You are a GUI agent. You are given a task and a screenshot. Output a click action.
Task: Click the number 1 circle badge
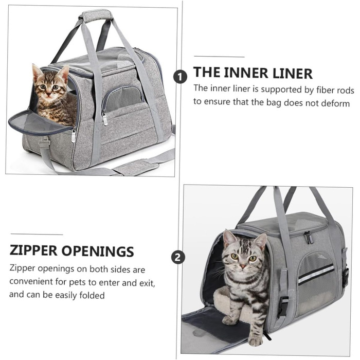[180, 77]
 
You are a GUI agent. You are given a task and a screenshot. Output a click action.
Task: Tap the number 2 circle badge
[178, 257]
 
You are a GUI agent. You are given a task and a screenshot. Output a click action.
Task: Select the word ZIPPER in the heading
[33, 250]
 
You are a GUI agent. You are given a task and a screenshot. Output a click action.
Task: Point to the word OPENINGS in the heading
[98, 251]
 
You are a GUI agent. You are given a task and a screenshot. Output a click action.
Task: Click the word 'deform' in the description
[335, 103]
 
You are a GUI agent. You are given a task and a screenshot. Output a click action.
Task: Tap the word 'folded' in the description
[92, 295]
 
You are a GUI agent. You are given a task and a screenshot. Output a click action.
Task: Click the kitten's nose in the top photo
[48, 94]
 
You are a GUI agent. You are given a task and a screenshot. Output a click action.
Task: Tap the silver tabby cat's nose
[243, 266]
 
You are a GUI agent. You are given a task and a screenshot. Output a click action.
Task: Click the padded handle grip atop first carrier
[97, 15]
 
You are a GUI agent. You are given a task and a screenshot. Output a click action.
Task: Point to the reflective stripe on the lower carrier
[316, 274]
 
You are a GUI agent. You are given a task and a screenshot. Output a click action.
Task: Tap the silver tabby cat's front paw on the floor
[255, 341]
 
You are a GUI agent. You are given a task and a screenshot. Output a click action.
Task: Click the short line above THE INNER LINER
[219, 57]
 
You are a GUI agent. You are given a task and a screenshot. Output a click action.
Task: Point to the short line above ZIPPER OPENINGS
[37, 235]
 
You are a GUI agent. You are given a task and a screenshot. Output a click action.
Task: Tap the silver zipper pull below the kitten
[74, 135]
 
